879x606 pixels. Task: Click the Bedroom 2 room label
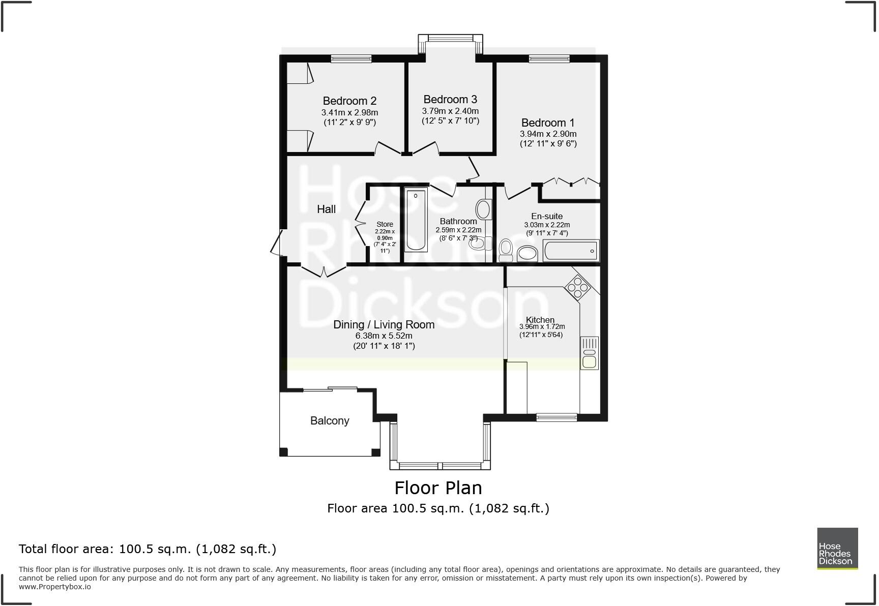tap(349, 101)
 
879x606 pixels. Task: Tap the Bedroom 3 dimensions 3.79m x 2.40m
tap(450, 111)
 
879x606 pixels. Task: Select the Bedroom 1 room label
tap(547, 123)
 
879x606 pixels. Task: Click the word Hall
tap(326, 209)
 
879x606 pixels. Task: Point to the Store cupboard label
tap(385, 224)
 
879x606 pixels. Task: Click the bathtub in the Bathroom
tap(416, 220)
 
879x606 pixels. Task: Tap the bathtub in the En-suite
tap(571, 251)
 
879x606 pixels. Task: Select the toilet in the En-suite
tap(506, 250)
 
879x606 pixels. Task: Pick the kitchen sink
tap(589, 353)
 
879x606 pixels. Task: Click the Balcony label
tap(330, 420)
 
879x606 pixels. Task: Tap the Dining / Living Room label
tap(384, 324)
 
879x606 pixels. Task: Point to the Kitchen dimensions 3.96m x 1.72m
tap(542, 327)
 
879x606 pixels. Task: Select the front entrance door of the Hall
tap(276, 243)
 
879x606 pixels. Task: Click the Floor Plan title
tap(438, 488)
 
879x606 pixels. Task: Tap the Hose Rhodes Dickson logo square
tap(837, 548)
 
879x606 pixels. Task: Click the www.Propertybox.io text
tap(55, 586)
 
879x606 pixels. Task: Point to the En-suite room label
tap(547, 216)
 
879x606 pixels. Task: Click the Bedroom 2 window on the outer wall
tap(351, 59)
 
